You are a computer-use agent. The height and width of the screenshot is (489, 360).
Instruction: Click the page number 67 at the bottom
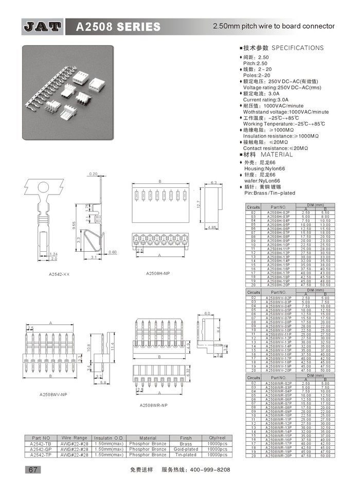(x=32, y=469)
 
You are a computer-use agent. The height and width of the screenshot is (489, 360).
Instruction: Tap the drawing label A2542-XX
(x=59, y=274)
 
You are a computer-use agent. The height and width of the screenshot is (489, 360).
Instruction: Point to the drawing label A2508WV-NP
(x=53, y=395)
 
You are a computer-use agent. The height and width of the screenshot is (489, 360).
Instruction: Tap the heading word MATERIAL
(x=276, y=154)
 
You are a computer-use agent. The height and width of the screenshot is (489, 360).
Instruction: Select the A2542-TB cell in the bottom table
(x=41, y=443)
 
